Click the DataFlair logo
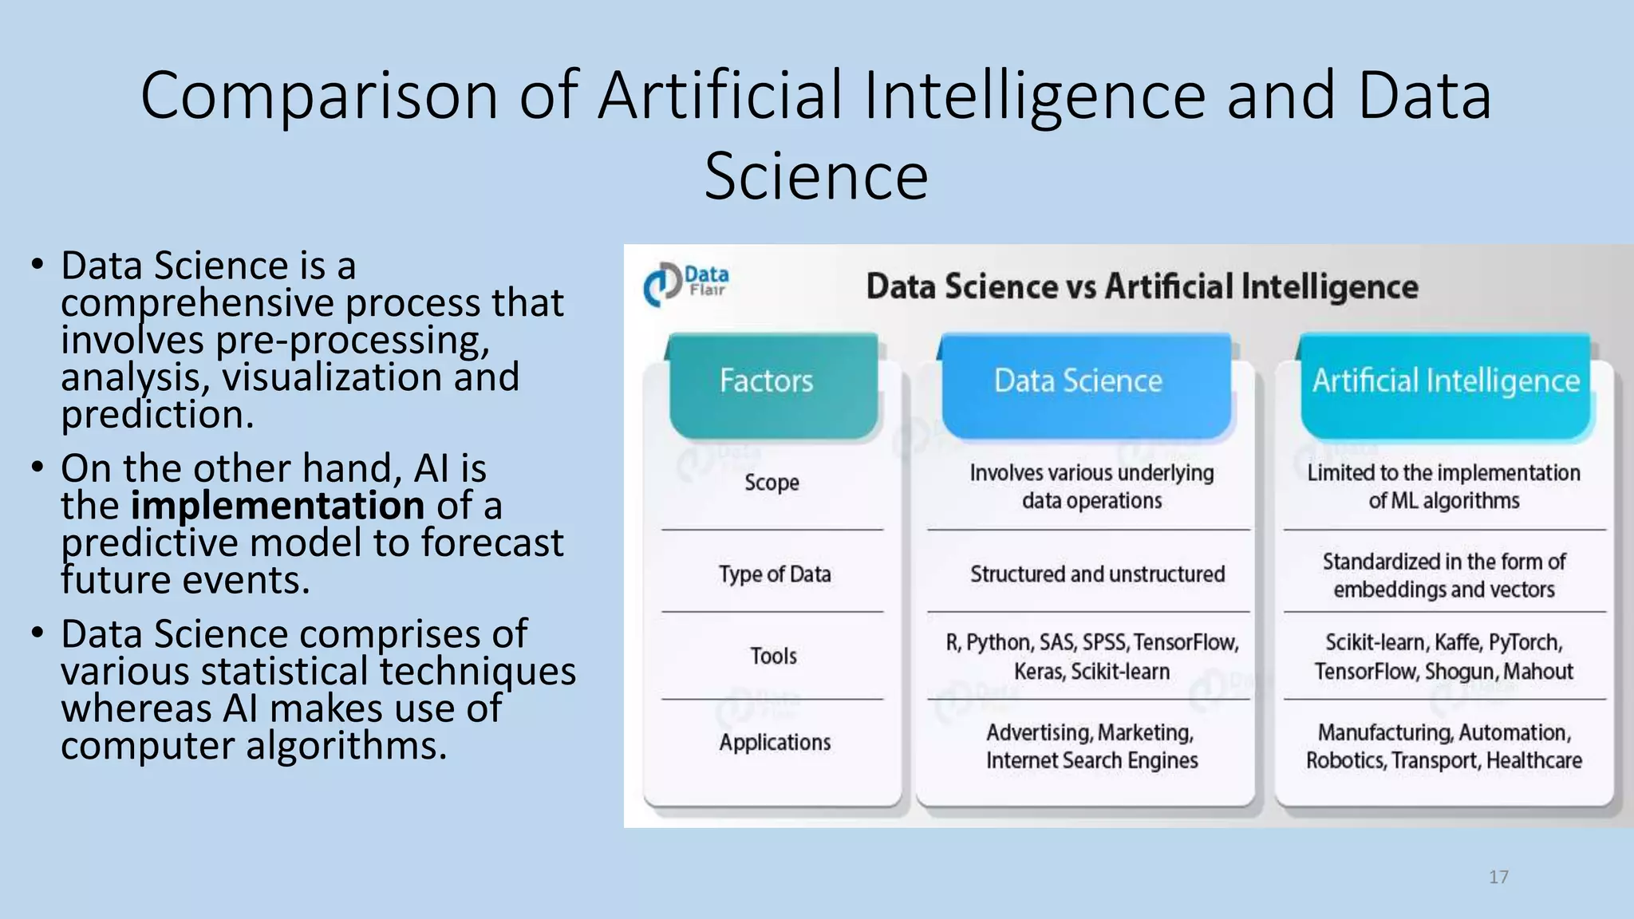pos(685,284)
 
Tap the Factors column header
pos(766,381)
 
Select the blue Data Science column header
pos(1078,381)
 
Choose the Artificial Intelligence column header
pos(1446,381)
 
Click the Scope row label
pos(772,483)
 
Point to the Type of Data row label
pos(774,574)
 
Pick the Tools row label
pos(773,656)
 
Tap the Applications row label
pos(775,743)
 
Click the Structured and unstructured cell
pos(1097,574)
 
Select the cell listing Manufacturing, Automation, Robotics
pos(1443,746)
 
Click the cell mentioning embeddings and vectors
pos(1443,576)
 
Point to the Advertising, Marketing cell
pos(1091,746)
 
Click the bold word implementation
pos(277,506)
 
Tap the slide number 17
pos(1498,878)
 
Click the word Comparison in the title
pos(319,96)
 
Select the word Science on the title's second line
pos(816,177)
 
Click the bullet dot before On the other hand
pos(37,467)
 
